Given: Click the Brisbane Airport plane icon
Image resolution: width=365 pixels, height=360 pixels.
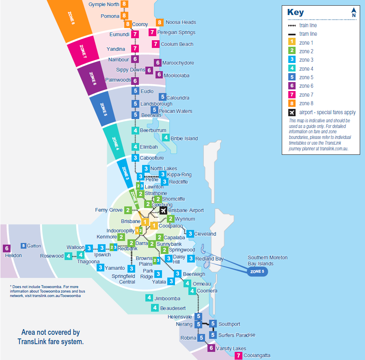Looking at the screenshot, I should tap(163, 210).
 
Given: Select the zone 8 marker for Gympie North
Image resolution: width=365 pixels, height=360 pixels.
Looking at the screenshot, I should tap(124, 4).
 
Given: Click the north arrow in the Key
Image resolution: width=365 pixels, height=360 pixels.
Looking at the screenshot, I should tap(354, 13).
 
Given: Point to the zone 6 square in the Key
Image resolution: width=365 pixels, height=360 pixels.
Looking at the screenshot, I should tap(292, 86).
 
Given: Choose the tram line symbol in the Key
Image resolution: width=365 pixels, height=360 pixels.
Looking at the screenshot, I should tap(292, 34).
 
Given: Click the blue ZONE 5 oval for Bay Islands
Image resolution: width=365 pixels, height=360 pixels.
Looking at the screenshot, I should tap(257, 271).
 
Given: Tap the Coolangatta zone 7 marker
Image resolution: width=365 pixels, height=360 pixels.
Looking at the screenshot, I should tap(239, 356).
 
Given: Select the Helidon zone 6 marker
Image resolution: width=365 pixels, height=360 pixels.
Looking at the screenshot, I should tap(6, 248).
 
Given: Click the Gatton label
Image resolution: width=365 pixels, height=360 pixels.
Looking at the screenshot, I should tap(34, 246).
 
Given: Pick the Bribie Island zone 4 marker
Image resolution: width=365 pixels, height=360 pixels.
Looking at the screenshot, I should tap(166, 138).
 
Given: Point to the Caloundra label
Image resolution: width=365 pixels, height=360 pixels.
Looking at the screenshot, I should tap(178, 98).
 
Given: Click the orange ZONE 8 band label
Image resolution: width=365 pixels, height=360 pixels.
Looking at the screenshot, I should tap(71, 18).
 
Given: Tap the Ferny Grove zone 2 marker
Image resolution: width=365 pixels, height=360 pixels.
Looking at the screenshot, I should tap(128, 210).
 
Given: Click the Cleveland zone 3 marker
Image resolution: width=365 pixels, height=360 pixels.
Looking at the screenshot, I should tap(190, 234).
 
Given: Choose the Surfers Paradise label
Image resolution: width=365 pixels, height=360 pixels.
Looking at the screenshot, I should tap(237, 335).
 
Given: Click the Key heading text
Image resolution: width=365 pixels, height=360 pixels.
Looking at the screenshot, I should tap(295, 12).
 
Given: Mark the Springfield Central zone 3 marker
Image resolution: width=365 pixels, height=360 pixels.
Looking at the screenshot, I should tap(131, 269).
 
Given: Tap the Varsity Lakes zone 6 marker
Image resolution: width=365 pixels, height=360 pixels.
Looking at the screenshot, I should tap(211, 348).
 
